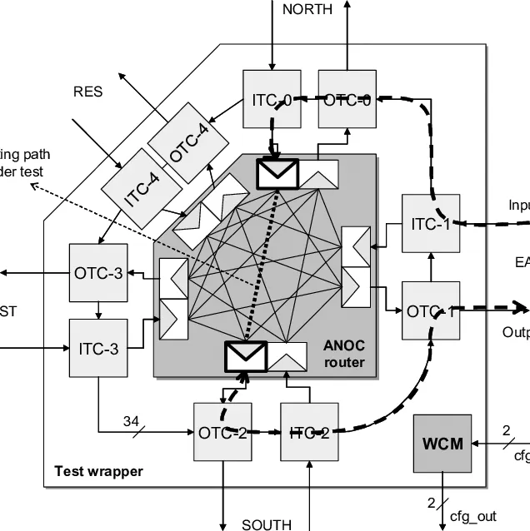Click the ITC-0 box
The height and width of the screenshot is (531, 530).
pos(272,100)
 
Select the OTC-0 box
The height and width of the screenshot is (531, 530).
pos(347,100)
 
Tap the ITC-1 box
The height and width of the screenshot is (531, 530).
pos(431,223)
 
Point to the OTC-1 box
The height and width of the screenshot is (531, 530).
pos(431,310)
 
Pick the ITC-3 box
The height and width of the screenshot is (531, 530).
pos(99,348)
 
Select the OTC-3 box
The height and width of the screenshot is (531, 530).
pos(99,273)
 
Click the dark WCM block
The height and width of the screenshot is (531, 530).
pos(442,444)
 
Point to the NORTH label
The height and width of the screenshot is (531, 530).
pos(307,10)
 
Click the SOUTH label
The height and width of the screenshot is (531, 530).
pos(267,524)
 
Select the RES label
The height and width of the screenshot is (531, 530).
pos(88,92)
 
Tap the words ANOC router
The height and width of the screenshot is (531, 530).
pos(344,354)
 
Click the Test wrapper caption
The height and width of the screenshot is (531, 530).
pos(98,471)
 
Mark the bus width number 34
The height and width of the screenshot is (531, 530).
pos(131,421)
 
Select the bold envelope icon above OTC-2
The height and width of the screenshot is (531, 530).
pos(246,356)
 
